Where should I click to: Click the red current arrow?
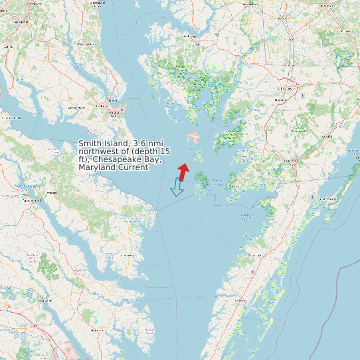click(183, 172)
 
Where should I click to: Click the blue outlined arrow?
click(177, 187)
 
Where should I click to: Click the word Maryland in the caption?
click(96, 167)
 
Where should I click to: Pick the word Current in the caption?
click(132, 167)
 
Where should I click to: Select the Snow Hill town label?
click(325, 135)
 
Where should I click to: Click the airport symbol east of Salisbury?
click(302, 95)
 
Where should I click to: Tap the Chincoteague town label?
click(325, 199)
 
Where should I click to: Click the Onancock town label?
click(254, 254)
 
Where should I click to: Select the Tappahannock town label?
click(29, 200)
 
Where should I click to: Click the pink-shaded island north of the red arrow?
click(195, 137)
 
